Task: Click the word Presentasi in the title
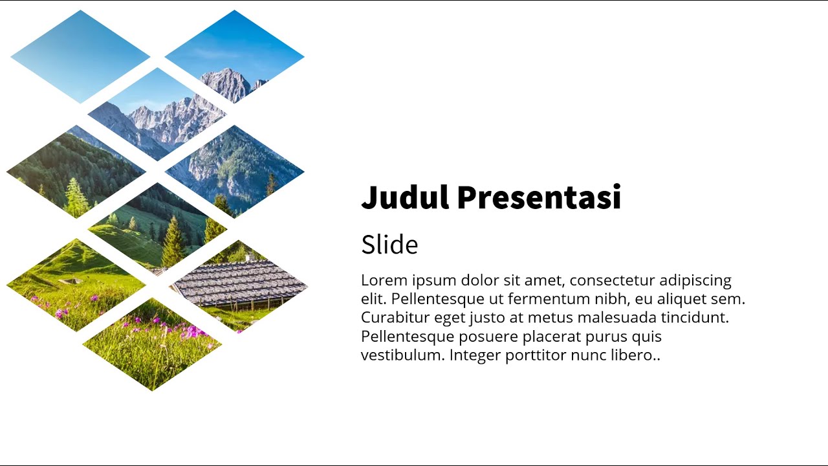(x=539, y=197)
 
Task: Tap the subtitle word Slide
(x=389, y=245)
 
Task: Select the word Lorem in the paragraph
(x=384, y=280)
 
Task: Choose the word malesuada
(x=617, y=318)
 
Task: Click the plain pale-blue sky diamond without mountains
(x=80, y=56)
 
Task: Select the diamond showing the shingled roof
(x=239, y=285)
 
